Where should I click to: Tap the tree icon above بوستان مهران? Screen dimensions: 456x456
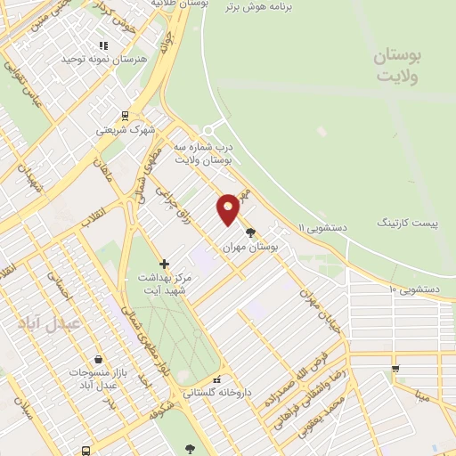[249, 232]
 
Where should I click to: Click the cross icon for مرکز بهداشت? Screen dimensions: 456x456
[163, 264]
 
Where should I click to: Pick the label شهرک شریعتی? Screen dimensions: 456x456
[124, 130]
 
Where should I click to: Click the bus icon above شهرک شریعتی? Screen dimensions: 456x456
[124, 115]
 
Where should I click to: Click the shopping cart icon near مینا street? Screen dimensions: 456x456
[395, 368]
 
